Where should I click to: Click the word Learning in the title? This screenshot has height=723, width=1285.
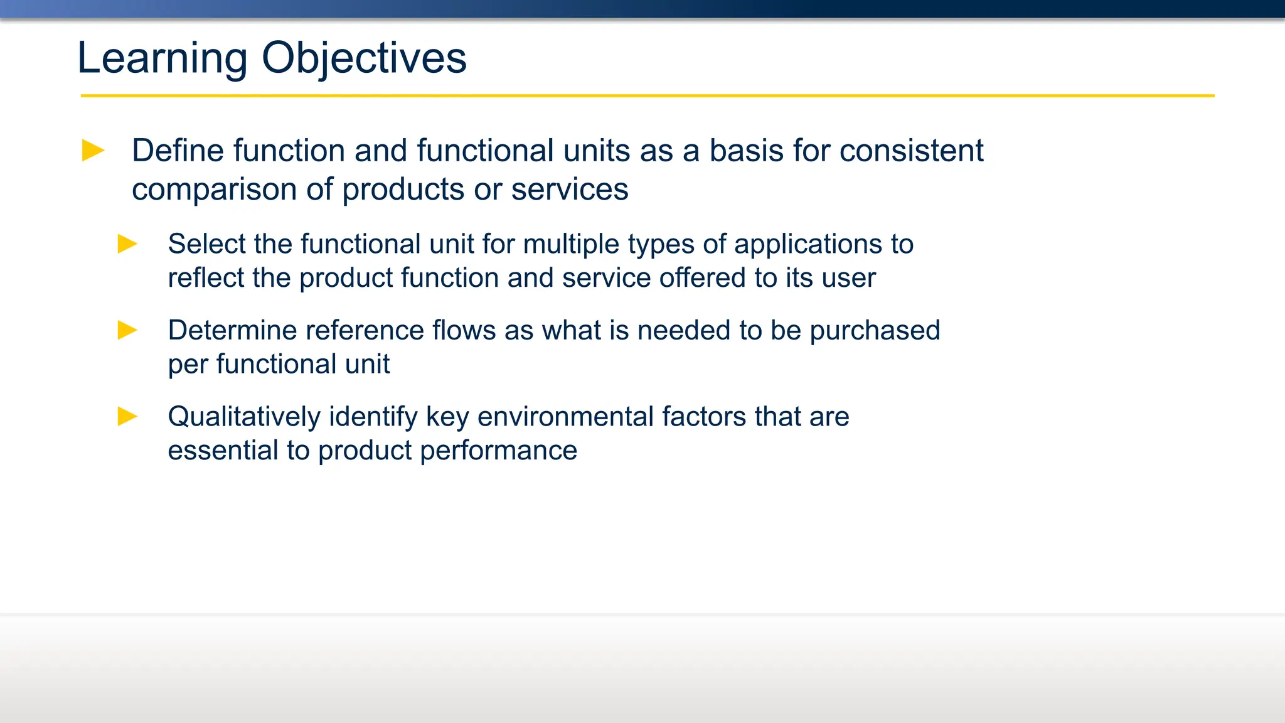[163, 58]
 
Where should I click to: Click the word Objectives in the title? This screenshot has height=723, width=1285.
[364, 58]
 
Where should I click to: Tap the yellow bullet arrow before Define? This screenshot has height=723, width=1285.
[93, 151]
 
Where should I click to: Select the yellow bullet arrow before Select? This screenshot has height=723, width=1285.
[127, 244]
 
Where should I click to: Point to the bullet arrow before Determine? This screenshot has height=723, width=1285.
[127, 330]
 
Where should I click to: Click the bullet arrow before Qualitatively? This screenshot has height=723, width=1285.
[127, 416]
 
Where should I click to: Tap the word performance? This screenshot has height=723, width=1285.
[498, 451]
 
